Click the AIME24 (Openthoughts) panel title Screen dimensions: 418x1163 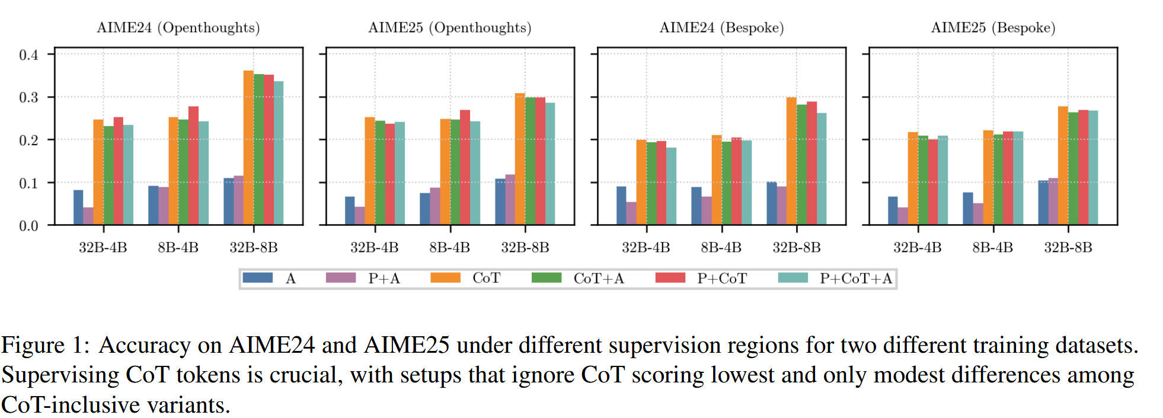(178, 28)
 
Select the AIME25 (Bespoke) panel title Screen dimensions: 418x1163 (993, 28)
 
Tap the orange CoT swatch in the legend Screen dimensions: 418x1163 (445, 278)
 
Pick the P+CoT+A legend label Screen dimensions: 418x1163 (855, 279)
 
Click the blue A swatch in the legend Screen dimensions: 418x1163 (258, 278)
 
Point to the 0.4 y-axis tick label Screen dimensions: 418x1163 (28, 55)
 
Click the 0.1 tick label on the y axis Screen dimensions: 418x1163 (28, 183)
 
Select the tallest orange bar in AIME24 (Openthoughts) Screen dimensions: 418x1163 (248, 148)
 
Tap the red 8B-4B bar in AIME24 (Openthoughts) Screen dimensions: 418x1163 (193, 165)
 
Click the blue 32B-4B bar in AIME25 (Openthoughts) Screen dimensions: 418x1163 (350, 210)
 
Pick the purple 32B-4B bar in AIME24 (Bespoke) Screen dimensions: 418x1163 (631, 213)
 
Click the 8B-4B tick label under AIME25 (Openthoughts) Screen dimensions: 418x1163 (450, 248)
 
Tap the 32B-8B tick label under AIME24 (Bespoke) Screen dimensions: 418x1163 (797, 248)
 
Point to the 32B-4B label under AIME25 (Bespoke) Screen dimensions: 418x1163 (918, 248)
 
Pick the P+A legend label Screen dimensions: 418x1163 (384, 279)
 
